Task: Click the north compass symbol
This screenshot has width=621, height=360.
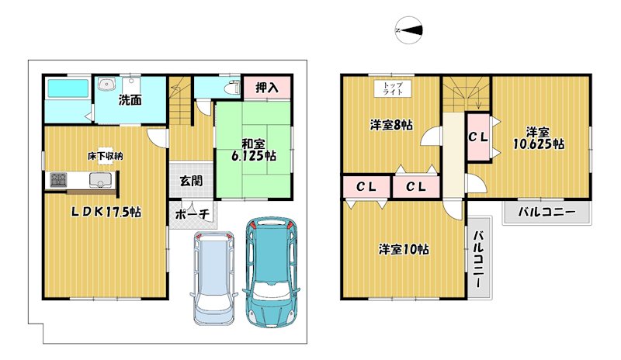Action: (409, 30)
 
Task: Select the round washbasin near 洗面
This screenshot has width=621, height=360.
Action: (106, 85)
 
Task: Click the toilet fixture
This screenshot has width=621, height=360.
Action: (232, 87)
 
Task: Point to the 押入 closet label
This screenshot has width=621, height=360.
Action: (267, 88)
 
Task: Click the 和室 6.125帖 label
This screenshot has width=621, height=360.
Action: (254, 150)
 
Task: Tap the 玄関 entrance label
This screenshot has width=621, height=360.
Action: (191, 181)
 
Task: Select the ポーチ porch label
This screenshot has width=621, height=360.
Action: (192, 214)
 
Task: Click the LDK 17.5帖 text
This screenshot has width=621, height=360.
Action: (106, 212)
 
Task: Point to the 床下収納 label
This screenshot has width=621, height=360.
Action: (106, 156)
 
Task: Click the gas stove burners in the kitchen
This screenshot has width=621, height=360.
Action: (59, 181)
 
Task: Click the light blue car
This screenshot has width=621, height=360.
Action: (214, 278)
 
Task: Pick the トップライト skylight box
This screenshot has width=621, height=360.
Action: (393, 88)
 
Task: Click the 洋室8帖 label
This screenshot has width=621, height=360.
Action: (391, 125)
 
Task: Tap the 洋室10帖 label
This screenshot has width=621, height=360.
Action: (404, 249)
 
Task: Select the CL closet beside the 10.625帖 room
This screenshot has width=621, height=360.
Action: (478, 137)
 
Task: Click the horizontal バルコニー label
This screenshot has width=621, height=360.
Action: (547, 212)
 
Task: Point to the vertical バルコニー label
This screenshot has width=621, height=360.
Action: (478, 259)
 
